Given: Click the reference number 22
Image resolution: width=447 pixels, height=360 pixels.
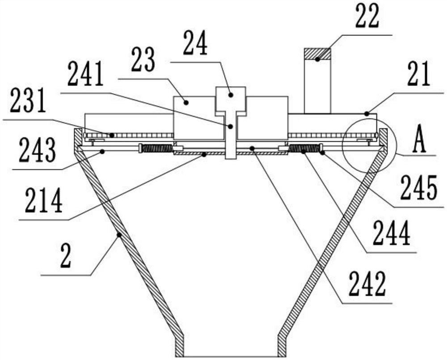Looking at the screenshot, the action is coord(367,16).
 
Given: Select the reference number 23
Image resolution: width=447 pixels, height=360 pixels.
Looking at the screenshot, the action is coord(143,61).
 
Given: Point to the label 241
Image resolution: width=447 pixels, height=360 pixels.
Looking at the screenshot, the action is coord(85,75).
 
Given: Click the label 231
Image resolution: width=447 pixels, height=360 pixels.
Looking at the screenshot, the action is coord(28,101).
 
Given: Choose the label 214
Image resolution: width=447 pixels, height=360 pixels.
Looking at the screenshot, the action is coord(44,201).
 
